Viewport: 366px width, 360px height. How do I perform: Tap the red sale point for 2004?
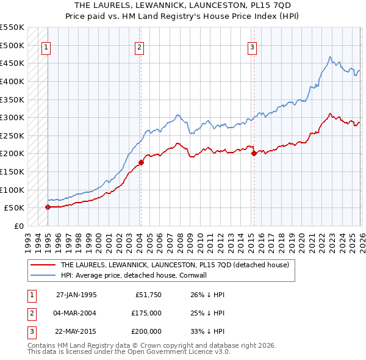(141, 162)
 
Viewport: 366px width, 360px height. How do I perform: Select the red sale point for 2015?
(254, 153)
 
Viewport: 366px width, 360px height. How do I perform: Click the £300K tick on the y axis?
(12, 117)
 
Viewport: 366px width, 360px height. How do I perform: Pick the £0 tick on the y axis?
(19, 226)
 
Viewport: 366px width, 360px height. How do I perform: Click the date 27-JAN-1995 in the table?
(76, 295)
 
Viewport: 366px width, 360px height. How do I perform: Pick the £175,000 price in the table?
(147, 313)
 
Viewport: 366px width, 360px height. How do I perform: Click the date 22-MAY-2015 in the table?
(76, 331)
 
